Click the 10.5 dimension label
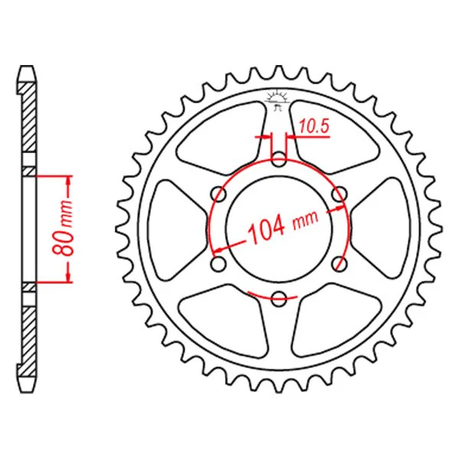tap(314, 127)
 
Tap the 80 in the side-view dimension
tap(63, 242)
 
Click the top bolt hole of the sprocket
tap(278, 159)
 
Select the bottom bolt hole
tap(278, 298)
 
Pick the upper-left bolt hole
tap(219, 194)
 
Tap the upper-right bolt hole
tap(339, 194)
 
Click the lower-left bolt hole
tap(218, 263)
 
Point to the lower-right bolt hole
tap(339, 263)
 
